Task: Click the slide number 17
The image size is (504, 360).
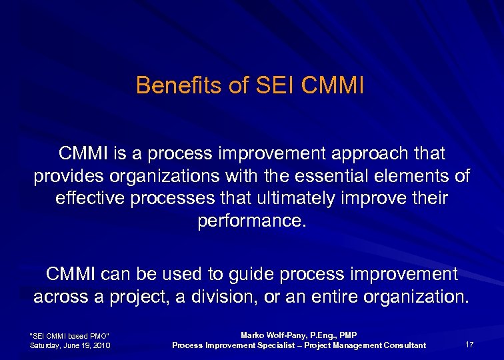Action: [469, 345]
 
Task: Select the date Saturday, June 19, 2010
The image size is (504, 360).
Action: [70, 345]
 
